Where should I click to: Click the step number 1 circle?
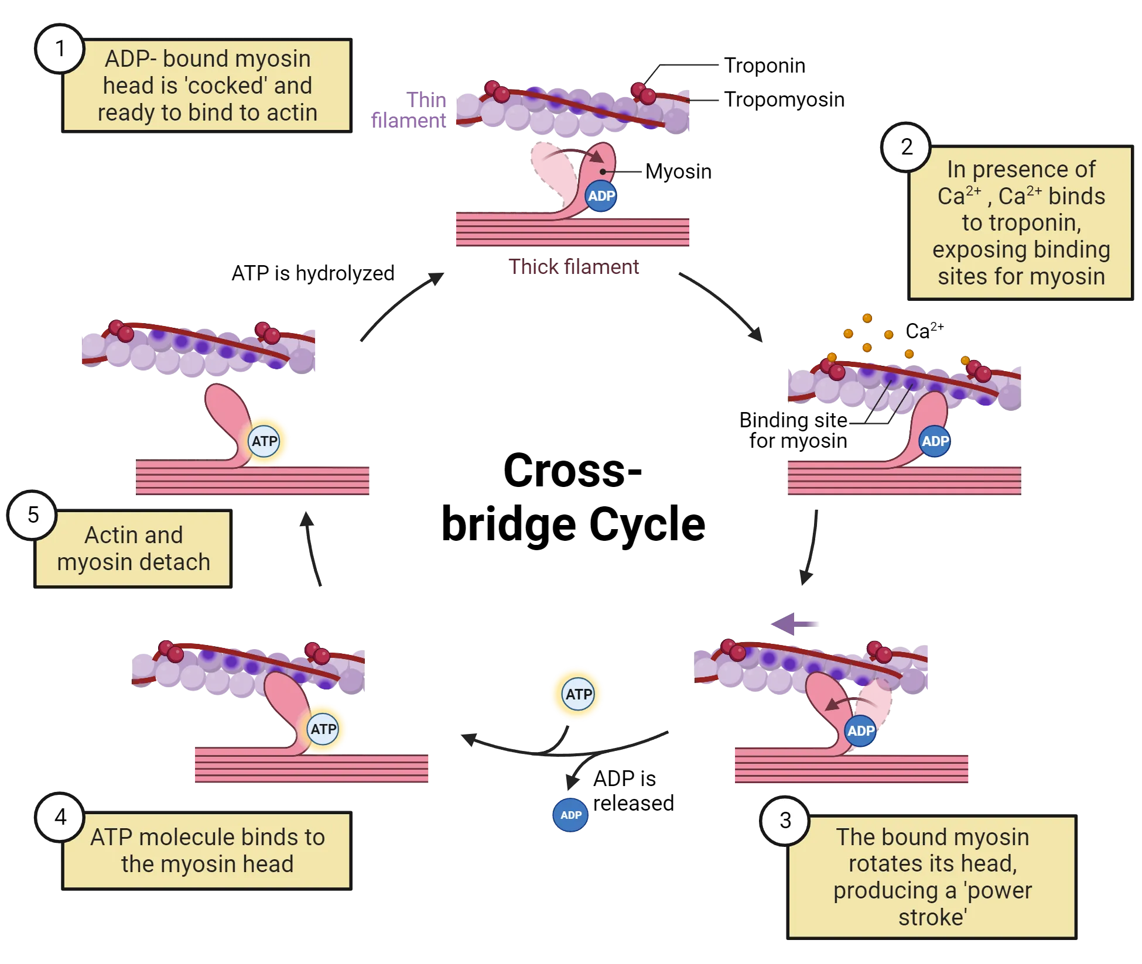point(60,48)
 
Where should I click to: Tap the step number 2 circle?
point(906,147)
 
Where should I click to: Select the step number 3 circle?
point(785,821)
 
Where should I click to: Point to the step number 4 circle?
point(60,817)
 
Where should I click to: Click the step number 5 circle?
point(33,515)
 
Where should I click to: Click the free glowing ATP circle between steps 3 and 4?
point(578,694)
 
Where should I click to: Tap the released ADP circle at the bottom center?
point(570,815)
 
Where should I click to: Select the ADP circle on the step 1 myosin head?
point(601,196)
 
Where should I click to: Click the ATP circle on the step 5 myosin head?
point(264,441)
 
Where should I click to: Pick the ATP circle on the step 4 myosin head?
point(323,729)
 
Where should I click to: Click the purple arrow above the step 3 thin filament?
point(794,625)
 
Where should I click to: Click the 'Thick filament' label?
point(574,267)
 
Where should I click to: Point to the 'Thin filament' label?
point(410,110)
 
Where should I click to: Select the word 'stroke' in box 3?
point(932,917)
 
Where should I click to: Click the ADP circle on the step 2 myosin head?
point(935,441)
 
